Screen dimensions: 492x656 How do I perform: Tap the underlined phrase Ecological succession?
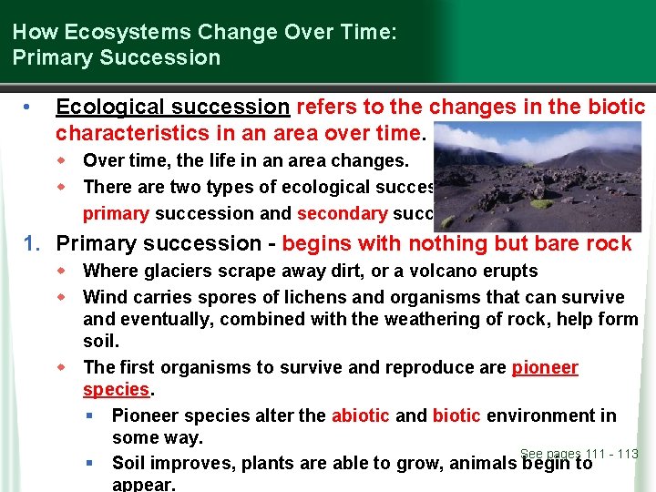pyautogui.click(x=172, y=107)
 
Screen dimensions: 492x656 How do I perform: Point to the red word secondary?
pyautogui.click(x=342, y=213)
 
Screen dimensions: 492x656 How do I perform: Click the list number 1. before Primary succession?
pyautogui.click(x=33, y=243)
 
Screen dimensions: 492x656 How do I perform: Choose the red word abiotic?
pyautogui.click(x=360, y=415)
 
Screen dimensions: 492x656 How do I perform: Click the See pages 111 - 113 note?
pyautogui.click(x=579, y=454)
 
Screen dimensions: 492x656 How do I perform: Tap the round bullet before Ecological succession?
pyautogui.click(x=30, y=108)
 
